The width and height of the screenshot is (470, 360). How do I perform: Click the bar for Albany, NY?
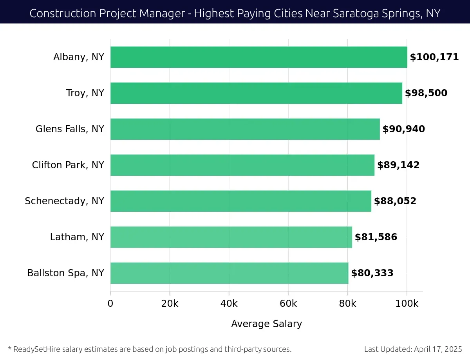pos(258,57)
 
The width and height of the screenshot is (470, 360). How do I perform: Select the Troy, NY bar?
pos(256,93)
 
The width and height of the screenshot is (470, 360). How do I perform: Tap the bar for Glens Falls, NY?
pos(245,129)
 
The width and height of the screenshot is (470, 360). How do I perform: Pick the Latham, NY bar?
pos(231,237)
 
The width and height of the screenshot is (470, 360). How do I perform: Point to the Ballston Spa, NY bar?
pos(229,273)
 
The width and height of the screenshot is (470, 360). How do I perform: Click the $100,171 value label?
pos(434,57)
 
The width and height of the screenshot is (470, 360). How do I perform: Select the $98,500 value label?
pos(426,93)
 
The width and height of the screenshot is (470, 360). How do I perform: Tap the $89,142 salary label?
pos(398,165)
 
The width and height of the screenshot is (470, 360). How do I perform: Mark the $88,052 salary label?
pos(395,201)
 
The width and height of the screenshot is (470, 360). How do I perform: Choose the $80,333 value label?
pos(372,273)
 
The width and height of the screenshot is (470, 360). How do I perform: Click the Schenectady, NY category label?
pos(64,201)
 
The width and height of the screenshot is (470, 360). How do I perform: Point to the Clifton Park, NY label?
pos(68,165)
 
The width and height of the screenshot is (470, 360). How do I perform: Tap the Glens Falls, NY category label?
pos(70,129)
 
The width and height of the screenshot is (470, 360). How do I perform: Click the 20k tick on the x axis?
pos(170,304)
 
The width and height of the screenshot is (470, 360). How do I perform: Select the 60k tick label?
pos(288,304)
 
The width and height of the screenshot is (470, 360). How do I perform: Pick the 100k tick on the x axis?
pos(407,304)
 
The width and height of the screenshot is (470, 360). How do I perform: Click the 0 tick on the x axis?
pos(110,304)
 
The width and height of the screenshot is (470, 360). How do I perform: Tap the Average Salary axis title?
pos(266,324)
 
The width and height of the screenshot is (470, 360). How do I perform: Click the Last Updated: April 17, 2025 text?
pos(413,349)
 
